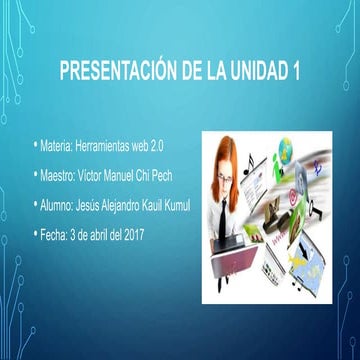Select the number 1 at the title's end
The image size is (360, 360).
(x=295, y=72)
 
